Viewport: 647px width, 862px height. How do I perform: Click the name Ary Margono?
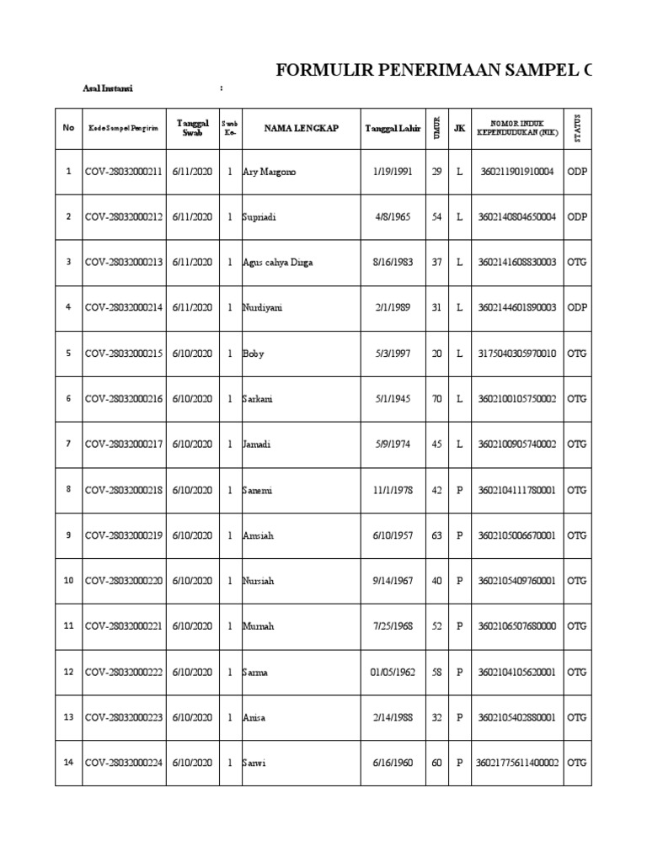click(270, 172)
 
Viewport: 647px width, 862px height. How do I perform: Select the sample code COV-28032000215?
click(124, 354)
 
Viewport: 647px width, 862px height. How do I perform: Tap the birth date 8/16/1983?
click(391, 263)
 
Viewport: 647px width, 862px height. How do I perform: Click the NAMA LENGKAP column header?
click(301, 128)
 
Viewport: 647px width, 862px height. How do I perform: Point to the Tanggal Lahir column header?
click(392, 128)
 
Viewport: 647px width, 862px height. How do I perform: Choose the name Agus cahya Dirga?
click(277, 263)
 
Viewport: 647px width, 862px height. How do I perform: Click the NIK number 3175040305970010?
click(517, 354)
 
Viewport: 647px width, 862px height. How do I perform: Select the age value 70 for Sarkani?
click(436, 399)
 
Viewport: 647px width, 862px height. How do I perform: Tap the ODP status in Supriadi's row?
click(577, 217)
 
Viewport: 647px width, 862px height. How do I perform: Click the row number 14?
click(69, 763)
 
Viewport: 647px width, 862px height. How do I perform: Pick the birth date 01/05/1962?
click(392, 672)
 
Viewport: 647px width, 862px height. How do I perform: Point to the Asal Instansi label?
click(107, 88)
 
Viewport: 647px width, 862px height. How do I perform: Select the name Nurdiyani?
click(263, 308)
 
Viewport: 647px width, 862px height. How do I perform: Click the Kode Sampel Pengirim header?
click(123, 128)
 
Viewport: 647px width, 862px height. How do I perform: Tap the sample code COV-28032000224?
click(124, 763)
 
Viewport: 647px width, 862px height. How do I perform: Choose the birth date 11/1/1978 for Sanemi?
click(391, 490)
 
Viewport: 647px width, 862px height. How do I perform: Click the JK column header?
click(459, 128)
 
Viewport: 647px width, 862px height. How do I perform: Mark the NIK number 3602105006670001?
click(517, 535)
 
